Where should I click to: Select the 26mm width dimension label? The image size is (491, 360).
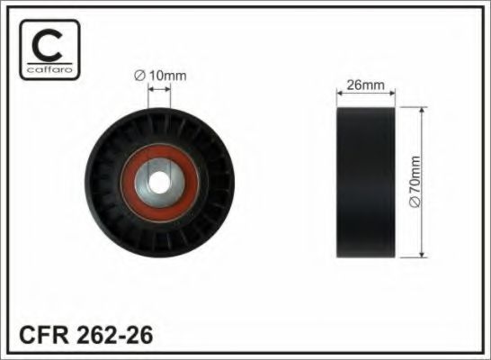click(x=365, y=85)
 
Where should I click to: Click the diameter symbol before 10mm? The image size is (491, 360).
click(x=140, y=76)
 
